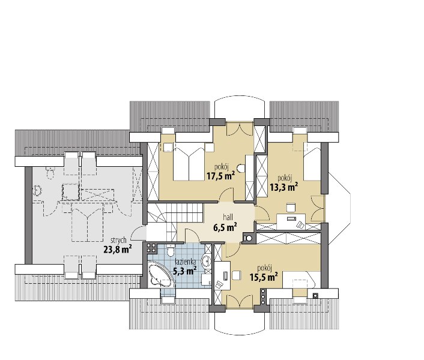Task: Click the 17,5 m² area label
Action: (220, 176)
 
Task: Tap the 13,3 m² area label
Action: (284, 187)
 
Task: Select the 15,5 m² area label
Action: (264, 277)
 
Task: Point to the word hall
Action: (228, 217)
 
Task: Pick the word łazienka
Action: (185, 262)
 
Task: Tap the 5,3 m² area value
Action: (184, 271)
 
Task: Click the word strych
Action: (118, 241)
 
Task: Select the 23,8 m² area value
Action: (118, 249)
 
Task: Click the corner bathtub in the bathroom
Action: (160, 274)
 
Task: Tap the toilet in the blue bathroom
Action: (171, 250)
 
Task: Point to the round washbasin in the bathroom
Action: (207, 261)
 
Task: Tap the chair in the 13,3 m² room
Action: (291, 208)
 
